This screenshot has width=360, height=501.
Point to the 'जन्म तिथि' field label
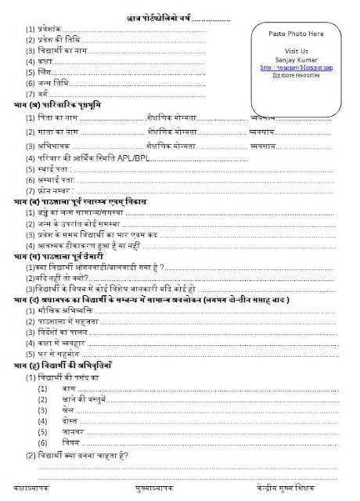(52, 82)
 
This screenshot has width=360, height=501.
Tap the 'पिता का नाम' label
(57, 117)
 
